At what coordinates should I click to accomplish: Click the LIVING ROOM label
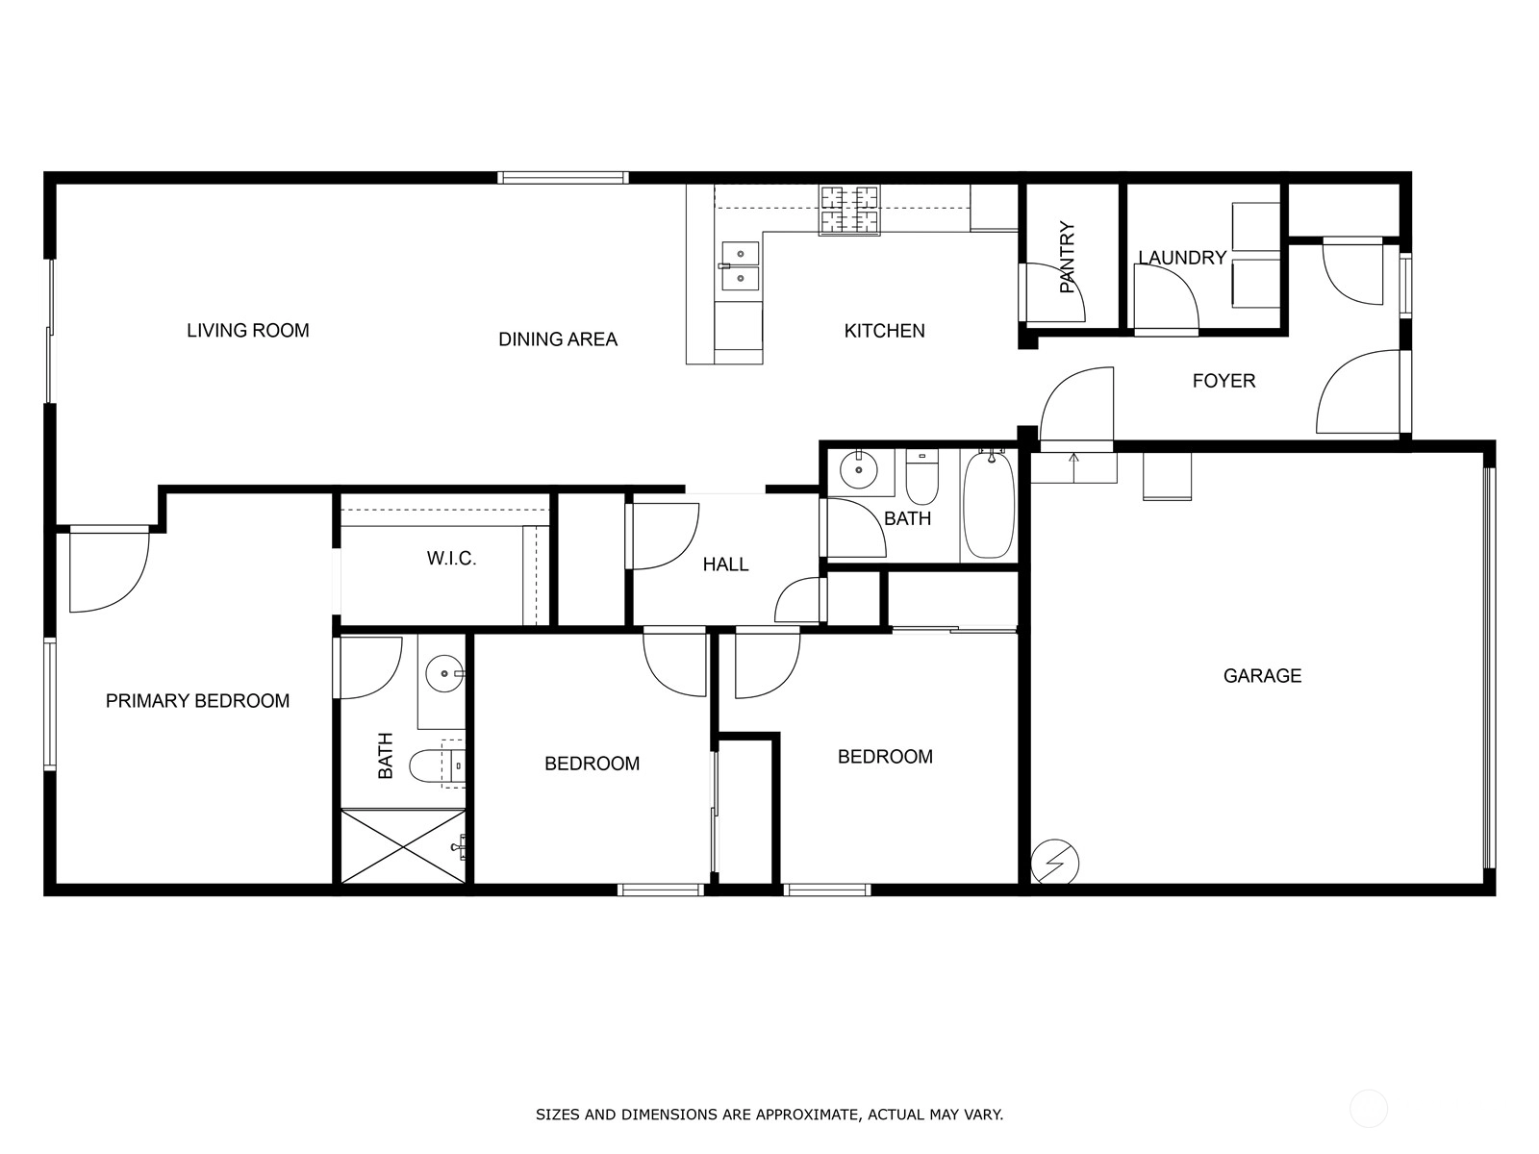[247, 331]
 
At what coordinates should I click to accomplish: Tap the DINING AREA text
[557, 339]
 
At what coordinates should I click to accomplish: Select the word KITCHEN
[884, 331]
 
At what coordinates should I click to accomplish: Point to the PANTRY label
[1067, 257]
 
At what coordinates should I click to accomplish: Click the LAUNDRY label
[1182, 258]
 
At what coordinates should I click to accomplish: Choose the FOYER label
[1224, 381]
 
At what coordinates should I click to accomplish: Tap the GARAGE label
[1262, 676]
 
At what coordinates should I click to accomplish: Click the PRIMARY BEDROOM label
[197, 701]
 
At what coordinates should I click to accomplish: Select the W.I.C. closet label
[451, 559]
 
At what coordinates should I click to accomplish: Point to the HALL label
[725, 564]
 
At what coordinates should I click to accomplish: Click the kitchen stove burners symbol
[849, 210]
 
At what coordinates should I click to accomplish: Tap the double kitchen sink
[740, 266]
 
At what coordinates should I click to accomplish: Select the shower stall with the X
[403, 846]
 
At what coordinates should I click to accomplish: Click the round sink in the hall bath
[858, 469]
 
